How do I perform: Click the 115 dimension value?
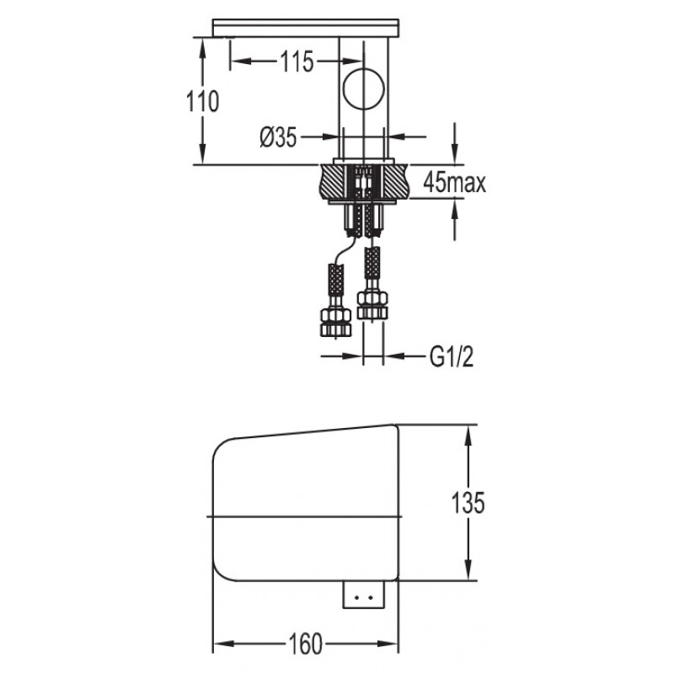click(297, 62)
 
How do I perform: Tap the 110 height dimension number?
click(202, 101)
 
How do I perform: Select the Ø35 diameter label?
click(278, 137)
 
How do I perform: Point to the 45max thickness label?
click(454, 182)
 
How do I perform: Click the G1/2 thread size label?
click(452, 356)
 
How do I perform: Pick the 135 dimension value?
click(468, 502)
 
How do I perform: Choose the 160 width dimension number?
click(305, 644)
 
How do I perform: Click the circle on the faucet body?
click(364, 89)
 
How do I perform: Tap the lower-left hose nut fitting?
click(335, 322)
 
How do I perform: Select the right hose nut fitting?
click(372, 306)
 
